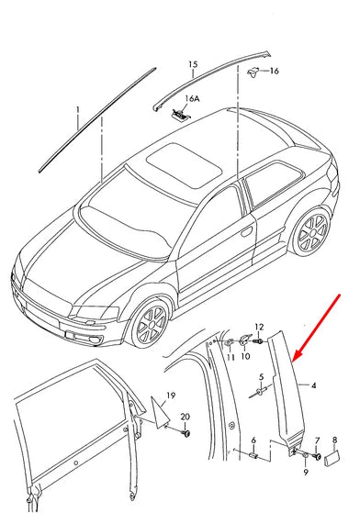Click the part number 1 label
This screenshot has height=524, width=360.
click(x=78, y=108)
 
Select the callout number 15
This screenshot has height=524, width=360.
click(x=193, y=64)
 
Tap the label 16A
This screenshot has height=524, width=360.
click(x=192, y=97)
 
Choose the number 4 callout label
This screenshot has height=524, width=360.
click(x=313, y=386)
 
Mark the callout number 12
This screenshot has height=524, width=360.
click(x=259, y=326)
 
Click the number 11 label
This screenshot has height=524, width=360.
click(x=230, y=356)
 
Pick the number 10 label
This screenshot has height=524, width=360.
click(x=245, y=356)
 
